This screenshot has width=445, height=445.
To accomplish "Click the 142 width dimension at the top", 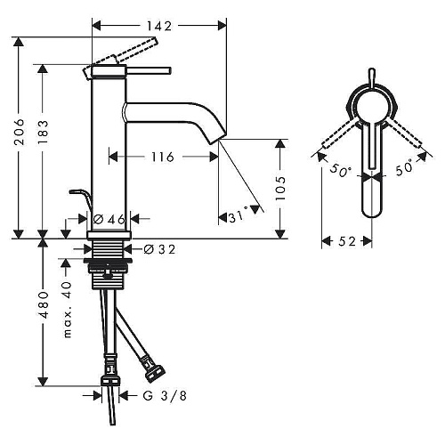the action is pyautogui.click(x=159, y=26).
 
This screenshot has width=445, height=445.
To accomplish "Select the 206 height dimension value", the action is pyautogui.click(x=20, y=132).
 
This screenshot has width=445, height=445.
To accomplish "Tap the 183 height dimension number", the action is pyautogui.click(x=44, y=133).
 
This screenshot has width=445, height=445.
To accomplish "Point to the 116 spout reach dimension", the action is pyautogui.click(x=162, y=157).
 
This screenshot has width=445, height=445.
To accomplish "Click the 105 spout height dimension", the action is pyautogui.click(x=280, y=189).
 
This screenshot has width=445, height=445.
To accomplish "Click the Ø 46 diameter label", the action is pyautogui.click(x=109, y=220).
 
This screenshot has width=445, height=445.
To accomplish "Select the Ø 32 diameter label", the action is pyautogui.click(x=159, y=249).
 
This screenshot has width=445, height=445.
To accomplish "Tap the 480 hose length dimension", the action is pyautogui.click(x=44, y=305).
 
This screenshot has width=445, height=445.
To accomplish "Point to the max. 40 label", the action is pyautogui.click(x=68, y=310).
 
